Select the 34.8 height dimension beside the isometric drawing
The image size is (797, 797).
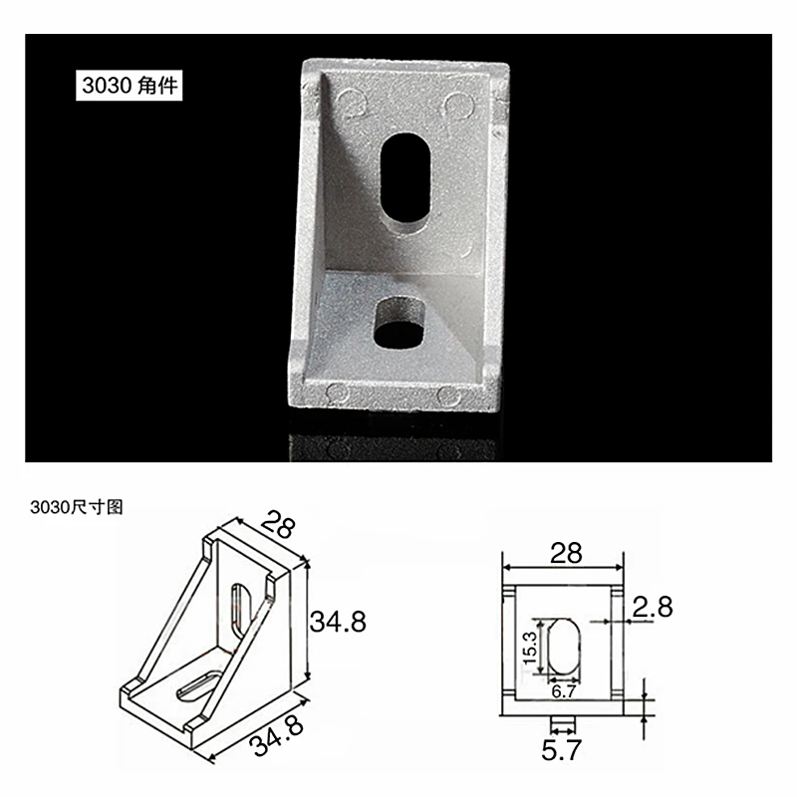[338, 622]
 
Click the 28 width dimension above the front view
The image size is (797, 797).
[565, 554]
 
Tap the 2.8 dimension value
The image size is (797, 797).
[654, 607]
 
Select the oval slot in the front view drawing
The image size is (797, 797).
[564, 647]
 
